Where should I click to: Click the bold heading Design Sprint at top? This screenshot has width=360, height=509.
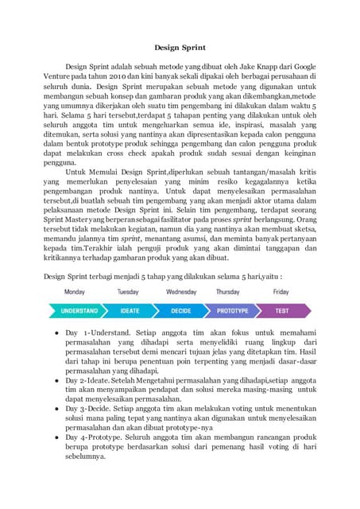(180, 47)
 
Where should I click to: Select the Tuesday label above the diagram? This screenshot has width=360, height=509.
(128, 292)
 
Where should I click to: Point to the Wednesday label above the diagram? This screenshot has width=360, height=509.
(180, 292)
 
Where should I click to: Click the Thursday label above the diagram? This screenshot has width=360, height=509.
(228, 292)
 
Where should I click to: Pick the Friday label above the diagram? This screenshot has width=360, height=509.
(281, 292)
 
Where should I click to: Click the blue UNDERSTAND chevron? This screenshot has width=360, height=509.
(79, 310)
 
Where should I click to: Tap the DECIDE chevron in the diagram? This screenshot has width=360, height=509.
(182, 310)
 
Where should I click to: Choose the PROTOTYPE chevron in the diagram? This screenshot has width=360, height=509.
(233, 310)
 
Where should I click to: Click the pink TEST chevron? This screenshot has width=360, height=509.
(282, 310)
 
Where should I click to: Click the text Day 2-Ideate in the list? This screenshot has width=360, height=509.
(91, 381)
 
